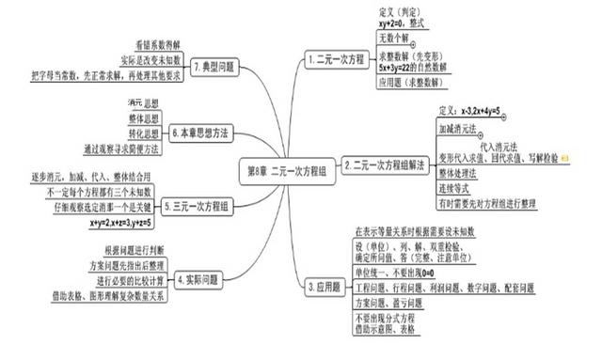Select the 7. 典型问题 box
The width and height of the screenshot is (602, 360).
coord(214,69)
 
